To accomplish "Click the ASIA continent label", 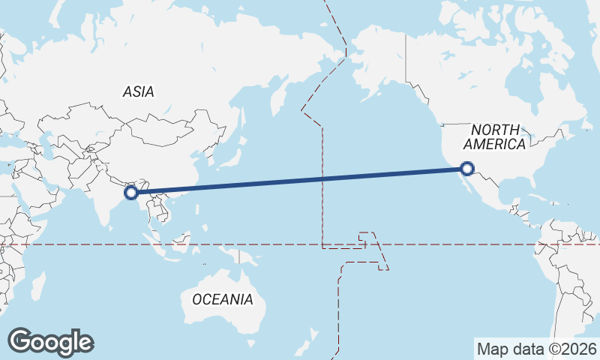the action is click(138, 91).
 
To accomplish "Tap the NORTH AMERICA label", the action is click(494, 137).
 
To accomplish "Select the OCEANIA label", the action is click(223, 299).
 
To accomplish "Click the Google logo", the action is click(50, 342).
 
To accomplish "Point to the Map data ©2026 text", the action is click(537, 349).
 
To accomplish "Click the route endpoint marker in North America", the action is click(468, 169).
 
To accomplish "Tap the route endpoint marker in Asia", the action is click(131, 192).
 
